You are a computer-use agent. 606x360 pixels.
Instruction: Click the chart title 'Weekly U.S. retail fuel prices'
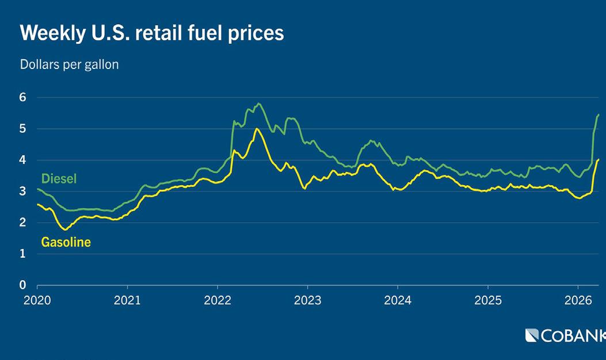(x=152, y=33)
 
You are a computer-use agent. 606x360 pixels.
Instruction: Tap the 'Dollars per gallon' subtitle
(x=69, y=64)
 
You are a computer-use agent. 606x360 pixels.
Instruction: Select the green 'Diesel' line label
(x=59, y=179)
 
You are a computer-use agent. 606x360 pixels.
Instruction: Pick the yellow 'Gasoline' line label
(x=66, y=242)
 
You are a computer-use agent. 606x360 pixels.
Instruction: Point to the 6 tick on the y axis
(x=23, y=98)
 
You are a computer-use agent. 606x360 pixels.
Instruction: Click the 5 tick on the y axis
(x=23, y=129)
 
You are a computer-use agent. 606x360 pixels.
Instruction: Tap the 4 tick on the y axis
(x=23, y=160)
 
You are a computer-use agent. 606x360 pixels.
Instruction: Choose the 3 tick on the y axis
(x=23, y=192)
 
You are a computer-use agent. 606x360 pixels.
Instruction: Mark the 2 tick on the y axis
(x=23, y=223)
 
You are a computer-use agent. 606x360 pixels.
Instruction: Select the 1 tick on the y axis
(x=23, y=254)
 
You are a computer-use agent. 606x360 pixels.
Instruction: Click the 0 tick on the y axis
(x=23, y=285)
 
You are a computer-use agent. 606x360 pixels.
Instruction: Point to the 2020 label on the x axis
(x=37, y=300)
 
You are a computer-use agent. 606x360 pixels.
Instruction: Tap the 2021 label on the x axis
(x=127, y=300)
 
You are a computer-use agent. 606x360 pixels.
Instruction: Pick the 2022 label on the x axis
(x=217, y=300)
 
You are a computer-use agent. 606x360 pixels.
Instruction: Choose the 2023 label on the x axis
(x=307, y=300)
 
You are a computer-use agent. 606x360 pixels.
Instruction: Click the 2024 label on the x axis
(x=397, y=300)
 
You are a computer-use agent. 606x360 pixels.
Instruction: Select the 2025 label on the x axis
(x=487, y=300)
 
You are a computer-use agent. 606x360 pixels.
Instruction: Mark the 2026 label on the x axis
(x=577, y=300)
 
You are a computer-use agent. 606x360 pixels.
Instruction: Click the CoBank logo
(x=565, y=335)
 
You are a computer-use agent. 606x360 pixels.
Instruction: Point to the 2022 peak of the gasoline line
(x=257, y=129)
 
